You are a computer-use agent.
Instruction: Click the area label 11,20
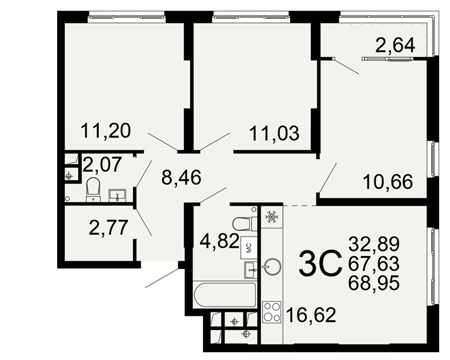(106, 130)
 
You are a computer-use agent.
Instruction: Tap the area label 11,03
(274, 133)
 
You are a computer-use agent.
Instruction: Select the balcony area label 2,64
(395, 45)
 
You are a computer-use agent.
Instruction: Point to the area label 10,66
(388, 182)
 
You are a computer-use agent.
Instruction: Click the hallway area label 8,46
(181, 177)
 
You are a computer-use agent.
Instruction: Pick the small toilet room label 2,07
(102, 165)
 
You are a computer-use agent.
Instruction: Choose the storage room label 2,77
(108, 227)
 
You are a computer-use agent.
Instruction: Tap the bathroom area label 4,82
(220, 241)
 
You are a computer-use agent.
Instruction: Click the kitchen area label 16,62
(311, 315)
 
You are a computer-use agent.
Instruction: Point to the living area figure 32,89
(374, 244)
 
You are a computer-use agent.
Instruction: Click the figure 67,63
(374, 263)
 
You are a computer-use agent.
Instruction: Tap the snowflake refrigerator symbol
(271, 216)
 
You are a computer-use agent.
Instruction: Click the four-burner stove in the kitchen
(272, 312)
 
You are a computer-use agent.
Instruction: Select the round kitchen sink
(271, 267)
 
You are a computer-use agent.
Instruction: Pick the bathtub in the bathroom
(225, 295)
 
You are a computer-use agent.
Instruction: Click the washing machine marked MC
(249, 247)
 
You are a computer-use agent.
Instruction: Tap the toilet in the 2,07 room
(93, 189)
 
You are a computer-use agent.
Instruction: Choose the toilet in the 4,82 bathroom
(244, 223)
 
